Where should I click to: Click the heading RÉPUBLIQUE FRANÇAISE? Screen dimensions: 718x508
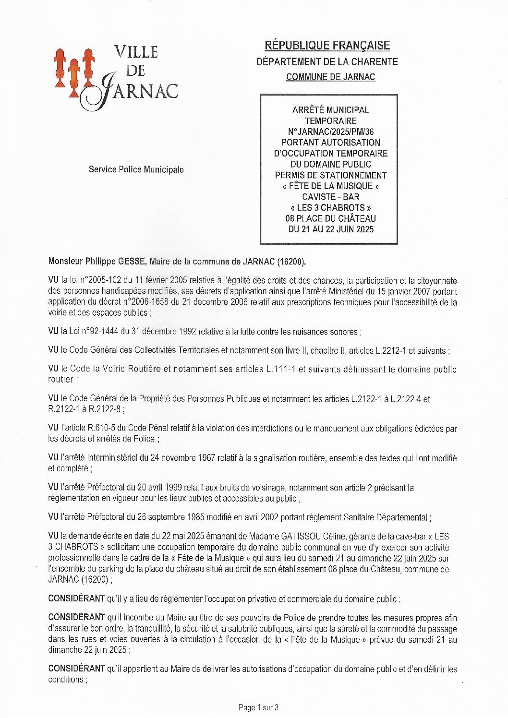click(x=327, y=46)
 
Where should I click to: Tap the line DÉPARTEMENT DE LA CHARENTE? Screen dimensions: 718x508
click(x=327, y=61)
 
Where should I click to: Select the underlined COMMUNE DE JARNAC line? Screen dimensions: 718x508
click(x=330, y=77)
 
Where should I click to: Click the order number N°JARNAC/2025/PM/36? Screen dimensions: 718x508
click(x=330, y=132)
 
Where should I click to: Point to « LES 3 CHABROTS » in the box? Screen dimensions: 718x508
click(x=330, y=208)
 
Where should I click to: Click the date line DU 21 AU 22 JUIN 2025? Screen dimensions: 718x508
click(x=330, y=229)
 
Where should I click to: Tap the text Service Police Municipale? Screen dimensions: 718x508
click(x=136, y=169)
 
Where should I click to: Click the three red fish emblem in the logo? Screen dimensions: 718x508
click(x=73, y=72)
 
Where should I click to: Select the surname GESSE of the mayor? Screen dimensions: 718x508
click(x=132, y=262)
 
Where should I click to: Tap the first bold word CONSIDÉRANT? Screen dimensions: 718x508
click(x=76, y=599)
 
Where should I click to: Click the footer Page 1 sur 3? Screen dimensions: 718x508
click(x=258, y=707)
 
